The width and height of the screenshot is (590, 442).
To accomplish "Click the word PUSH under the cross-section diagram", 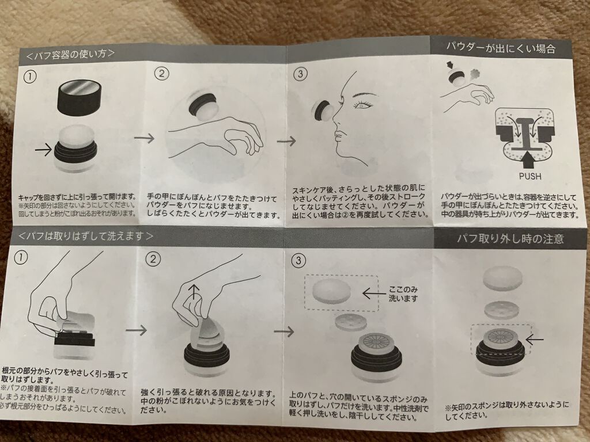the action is pyautogui.click(x=530, y=176).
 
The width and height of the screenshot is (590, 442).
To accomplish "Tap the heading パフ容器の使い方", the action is pyautogui.click(x=70, y=55).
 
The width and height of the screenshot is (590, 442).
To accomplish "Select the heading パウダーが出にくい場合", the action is pyautogui.click(x=501, y=48).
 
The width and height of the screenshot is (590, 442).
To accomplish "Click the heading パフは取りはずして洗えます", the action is pyautogui.click(x=86, y=236).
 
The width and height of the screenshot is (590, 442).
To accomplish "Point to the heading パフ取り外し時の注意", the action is pyautogui.click(x=510, y=239).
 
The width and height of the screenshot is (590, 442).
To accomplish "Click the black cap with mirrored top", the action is pyautogui.click(x=80, y=97).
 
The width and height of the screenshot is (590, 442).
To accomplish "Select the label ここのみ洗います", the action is pyautogui.click(x=403, y=294).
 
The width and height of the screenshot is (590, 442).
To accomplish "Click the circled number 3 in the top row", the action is pyautogui.click(x=300, y=74).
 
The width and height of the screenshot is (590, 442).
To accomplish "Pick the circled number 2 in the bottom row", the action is pyautogui.click(x=153, y=259).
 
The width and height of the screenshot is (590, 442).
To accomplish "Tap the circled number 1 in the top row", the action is pyautogui.click(x=30, y=77).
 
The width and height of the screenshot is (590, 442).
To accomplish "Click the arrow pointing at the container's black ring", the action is pyautogui.click(x=43, y=150).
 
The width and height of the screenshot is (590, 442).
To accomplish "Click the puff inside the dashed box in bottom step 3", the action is pyautogui.click(x=332, y=291).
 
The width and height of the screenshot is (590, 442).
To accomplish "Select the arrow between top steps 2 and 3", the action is pyautogui.click(x=286, y=142).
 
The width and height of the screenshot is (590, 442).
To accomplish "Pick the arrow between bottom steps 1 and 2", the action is pyautogui.click(x=136, y=330).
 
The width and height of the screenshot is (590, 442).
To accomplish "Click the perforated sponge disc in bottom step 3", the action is pyautogui.click(x=351, y=322).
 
